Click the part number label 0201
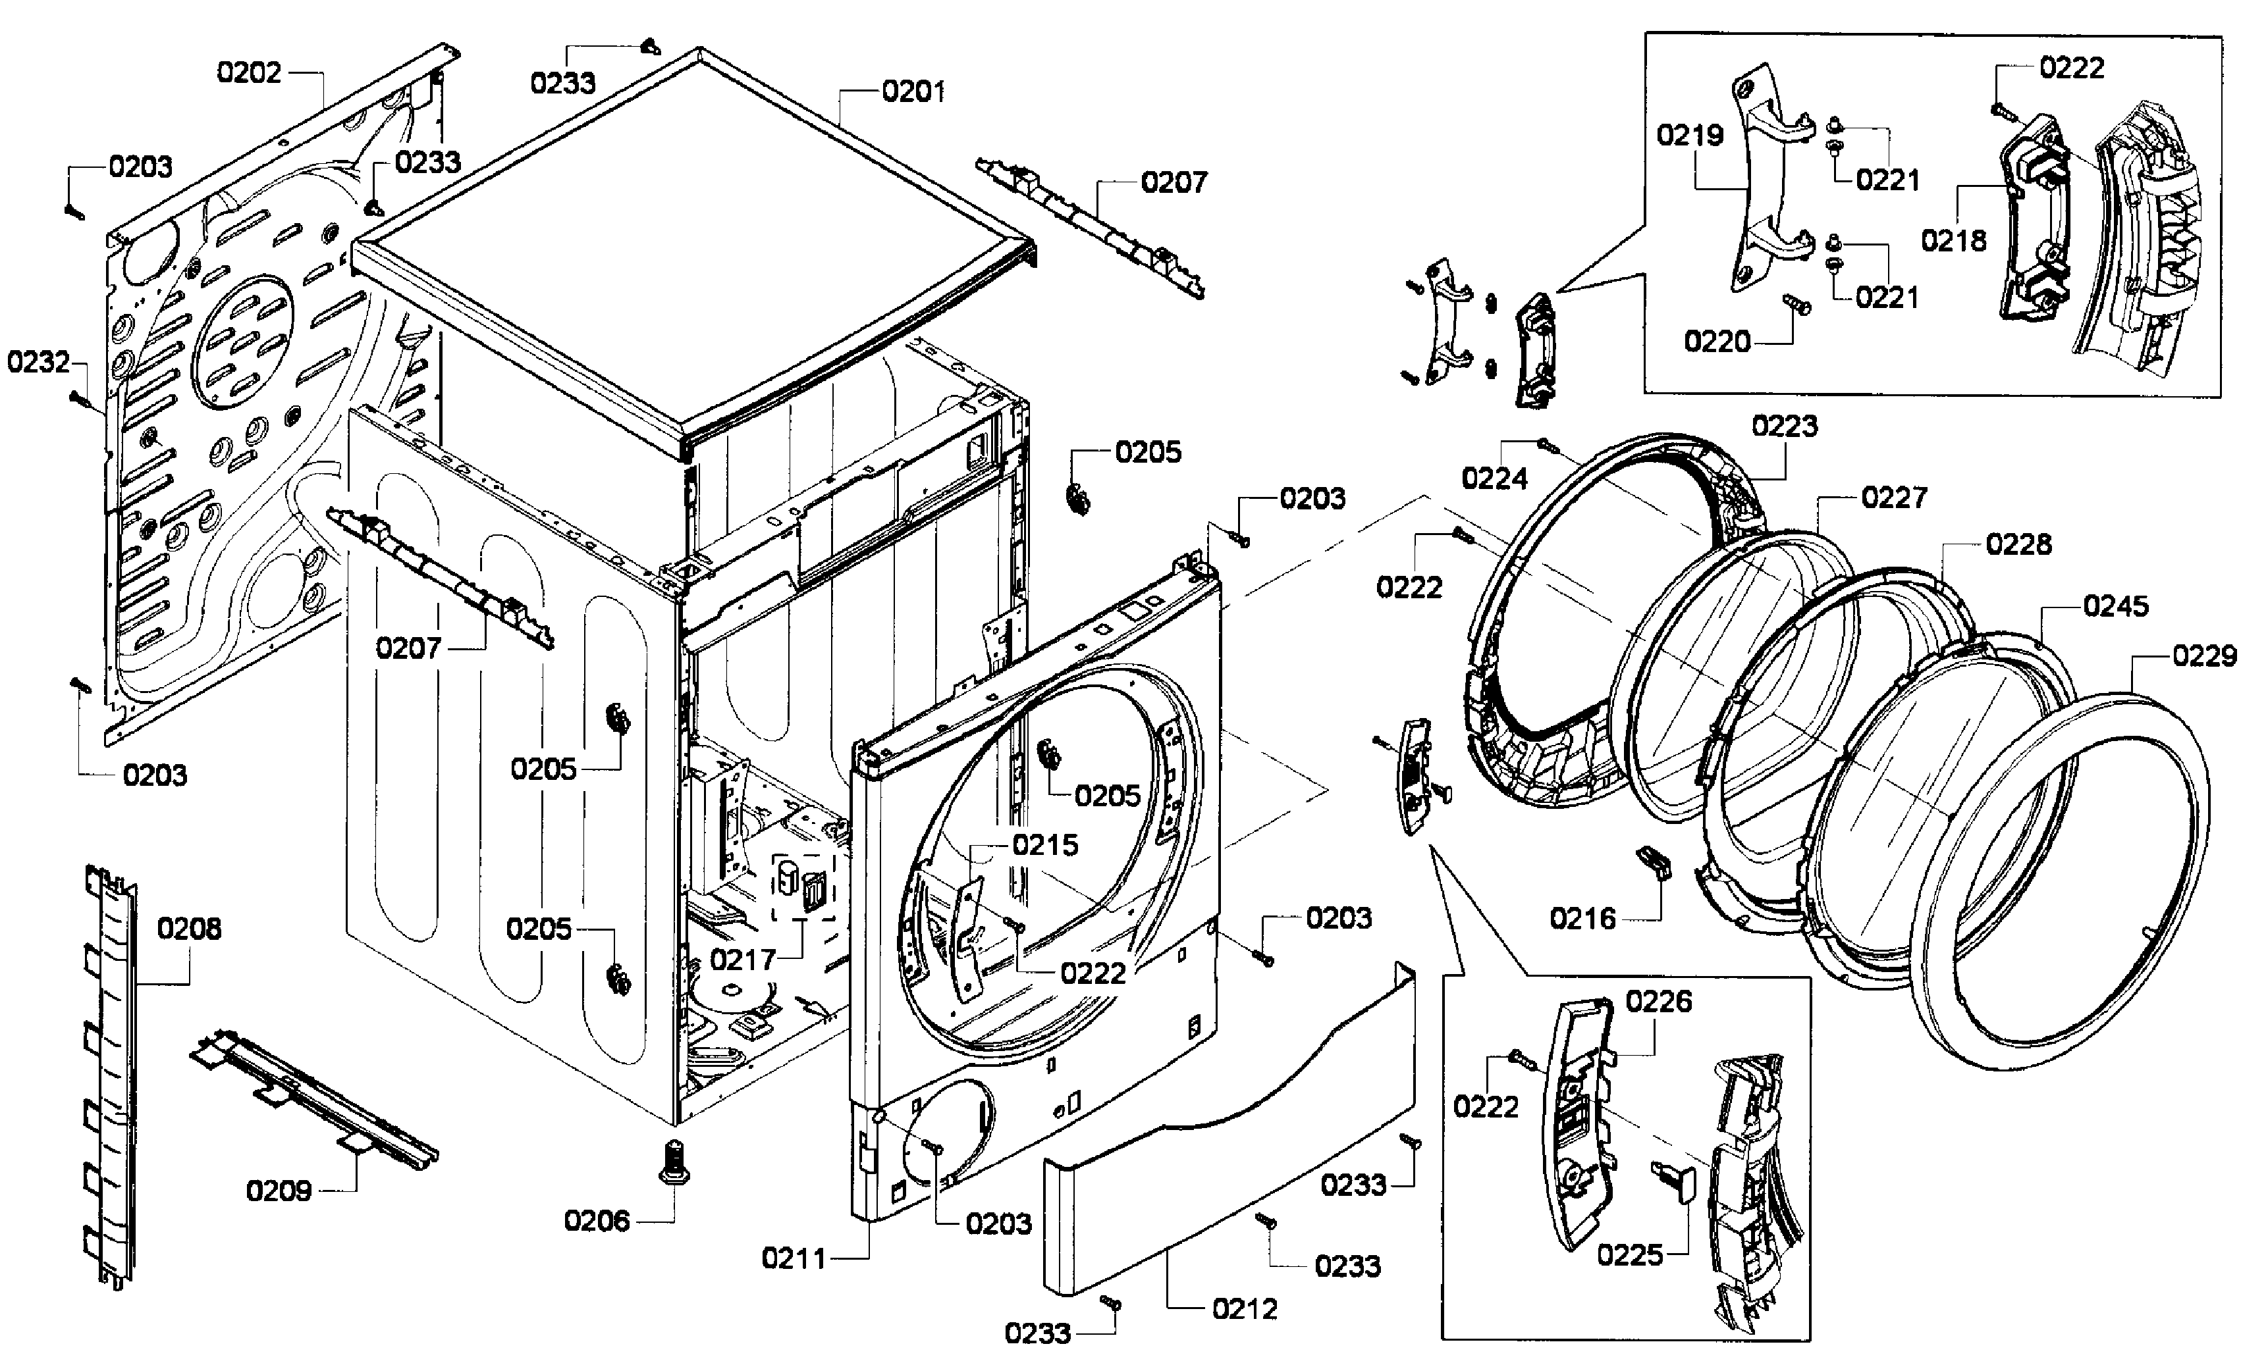[913, 92]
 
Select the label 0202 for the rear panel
[248, 72]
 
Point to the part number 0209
[279, 1191]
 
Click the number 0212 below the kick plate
[1244, 1309]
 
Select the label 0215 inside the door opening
[1045, 845]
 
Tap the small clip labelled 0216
[1654, 863]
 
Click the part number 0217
[743, 960]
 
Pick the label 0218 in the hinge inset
[1953, 241]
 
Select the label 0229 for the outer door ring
[2205, 656]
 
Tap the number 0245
[2116, 606]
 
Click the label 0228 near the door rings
[2018, 544]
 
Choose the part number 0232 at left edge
[39, 363]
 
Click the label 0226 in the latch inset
[1658, 1002]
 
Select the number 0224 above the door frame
[1494, 478]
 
